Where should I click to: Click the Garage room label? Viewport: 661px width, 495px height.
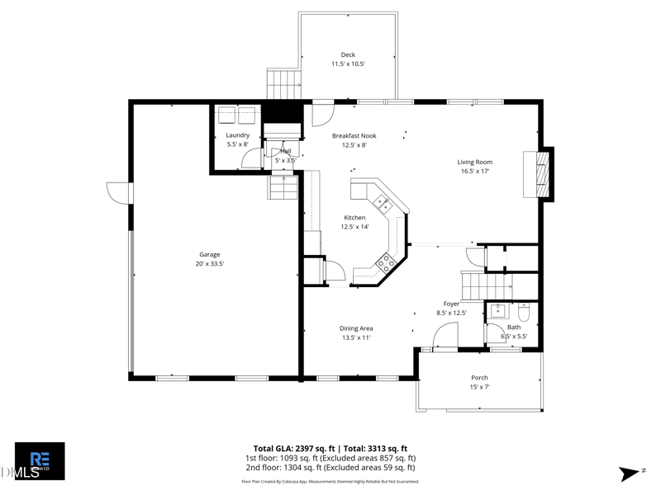209,254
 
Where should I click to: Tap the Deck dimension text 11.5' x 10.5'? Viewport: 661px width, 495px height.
348,64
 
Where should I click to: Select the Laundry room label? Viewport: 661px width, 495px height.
237,135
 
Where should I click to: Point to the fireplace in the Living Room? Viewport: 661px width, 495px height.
542,173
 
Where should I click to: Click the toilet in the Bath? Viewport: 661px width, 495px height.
524,314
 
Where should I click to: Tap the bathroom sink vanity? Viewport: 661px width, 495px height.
498,311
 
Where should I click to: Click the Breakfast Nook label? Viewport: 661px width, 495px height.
354,135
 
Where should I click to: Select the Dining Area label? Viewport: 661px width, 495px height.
356,328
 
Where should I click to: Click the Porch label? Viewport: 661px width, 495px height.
479,378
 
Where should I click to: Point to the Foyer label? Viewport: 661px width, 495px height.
451,304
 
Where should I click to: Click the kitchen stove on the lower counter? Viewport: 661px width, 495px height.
385,263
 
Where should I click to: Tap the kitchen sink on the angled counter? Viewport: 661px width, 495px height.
384,204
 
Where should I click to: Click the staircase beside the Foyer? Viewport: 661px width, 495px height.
478,285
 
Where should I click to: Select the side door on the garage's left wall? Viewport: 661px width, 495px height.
121,191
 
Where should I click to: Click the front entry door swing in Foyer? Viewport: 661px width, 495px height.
445,336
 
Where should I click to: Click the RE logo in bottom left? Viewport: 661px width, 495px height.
40,460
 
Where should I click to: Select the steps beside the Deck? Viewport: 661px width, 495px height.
282,83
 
